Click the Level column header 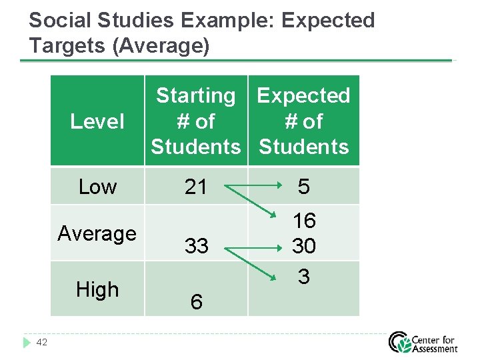[97, 121]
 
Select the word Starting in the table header [195, 96]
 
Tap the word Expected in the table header [303, 96]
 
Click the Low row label [97, 187]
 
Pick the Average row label [97, 233]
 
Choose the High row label [97, 289]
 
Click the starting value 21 [196, 187]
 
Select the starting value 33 [196, 246]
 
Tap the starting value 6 [196, 302]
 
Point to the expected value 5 [304, 187]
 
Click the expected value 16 [304, 221]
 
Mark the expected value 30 [304, 247]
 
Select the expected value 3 [304, 276]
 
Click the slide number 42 [41, 342]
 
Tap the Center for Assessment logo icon [400, 342]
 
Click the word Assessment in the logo [435, 349]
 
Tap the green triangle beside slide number [27, 342]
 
